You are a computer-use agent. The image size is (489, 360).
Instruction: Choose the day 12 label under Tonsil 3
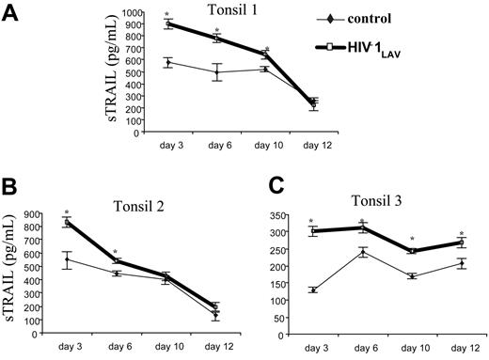point(460,349)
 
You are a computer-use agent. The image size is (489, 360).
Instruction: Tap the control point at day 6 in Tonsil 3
point(363,252)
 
